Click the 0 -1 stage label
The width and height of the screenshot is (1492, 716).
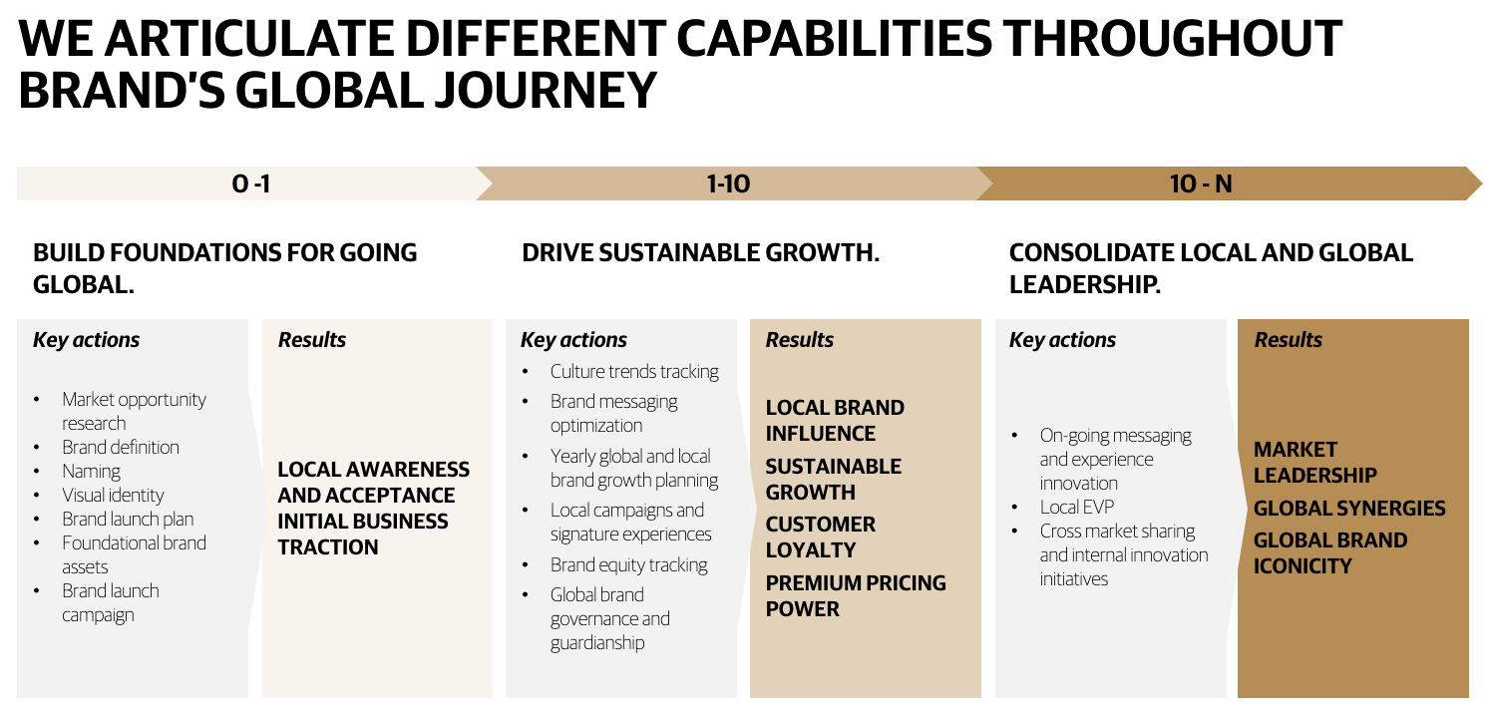coord(251,183)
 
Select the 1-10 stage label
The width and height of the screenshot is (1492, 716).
coord(728,183)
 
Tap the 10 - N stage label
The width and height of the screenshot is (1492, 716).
coord(1201,183)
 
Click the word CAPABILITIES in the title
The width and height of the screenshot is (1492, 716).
coord(834,38)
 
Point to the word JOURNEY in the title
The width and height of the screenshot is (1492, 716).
coord(547,90)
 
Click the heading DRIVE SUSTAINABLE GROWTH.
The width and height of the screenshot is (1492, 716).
coord(701,253)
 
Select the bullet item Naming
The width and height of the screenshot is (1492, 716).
coord(91,472)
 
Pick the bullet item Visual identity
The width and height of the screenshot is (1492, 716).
coord(113,496)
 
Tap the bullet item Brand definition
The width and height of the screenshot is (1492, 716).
coord(121,447)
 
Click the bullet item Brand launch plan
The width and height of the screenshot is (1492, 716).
coord(128,520)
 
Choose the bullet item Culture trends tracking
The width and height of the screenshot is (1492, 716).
coord(634,372)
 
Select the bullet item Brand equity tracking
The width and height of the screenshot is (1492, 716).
coord(628,565)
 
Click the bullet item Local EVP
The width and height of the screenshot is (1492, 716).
coord(1076,508)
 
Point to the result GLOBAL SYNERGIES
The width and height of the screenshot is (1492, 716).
coord(1349,509)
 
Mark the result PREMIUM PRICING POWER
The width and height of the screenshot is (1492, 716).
coord(856,596)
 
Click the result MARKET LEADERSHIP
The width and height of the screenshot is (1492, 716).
coord(1314,463)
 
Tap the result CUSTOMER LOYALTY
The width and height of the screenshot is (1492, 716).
coord(820,537)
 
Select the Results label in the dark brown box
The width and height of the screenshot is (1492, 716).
coord(1289,340)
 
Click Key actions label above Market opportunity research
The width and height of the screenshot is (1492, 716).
coord(86,340)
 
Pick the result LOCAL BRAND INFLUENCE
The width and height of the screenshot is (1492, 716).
coord(835,420)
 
